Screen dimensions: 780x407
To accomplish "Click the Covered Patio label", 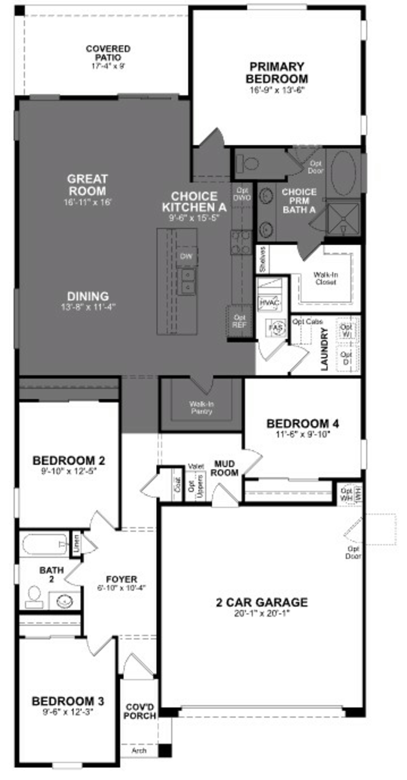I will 108,53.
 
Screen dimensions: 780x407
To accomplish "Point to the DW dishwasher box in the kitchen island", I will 186,256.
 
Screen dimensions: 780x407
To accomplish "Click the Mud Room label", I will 224,468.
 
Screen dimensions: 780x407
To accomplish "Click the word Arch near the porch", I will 139,750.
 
